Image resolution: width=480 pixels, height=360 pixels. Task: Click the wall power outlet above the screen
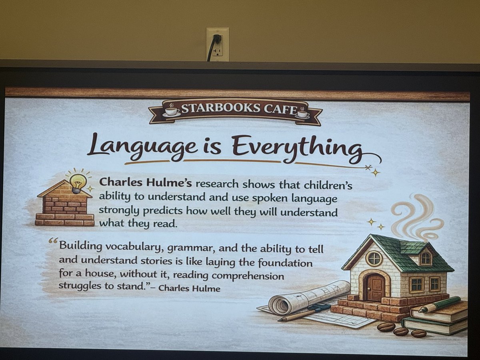[217, 44]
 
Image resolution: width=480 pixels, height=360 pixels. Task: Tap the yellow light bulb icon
[78, 183]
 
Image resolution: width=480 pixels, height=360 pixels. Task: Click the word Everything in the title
[296, 147]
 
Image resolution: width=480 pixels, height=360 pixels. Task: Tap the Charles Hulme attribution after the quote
[190, 288]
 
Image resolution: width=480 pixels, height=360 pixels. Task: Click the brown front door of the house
[374, 287]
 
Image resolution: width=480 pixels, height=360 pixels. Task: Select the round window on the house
[374, 258]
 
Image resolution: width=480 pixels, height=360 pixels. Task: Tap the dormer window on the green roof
[426, 258]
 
